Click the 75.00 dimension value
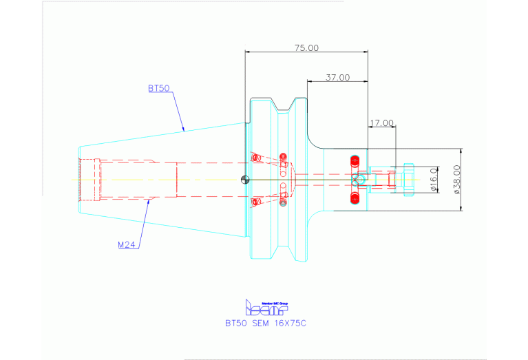(x=307, y=48)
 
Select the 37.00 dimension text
(x=337, y=78)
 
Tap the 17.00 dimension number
(x=381, y=123)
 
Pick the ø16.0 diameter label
(x=434, y=179)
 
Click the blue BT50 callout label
(x=159, y=89)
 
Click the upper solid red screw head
(x=355, y=162)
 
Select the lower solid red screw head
(x=355, y=198)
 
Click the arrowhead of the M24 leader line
(x=150, y=202)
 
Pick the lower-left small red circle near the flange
(x=256, y=202)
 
